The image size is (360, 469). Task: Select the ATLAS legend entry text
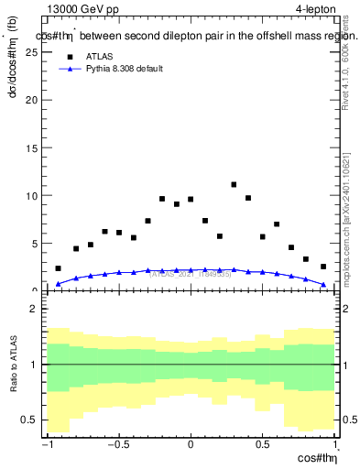[100, 56]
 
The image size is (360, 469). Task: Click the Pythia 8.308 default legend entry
[125, 69]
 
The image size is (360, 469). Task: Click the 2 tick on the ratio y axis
[38, 309]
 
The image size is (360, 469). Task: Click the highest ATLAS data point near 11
[234, 185]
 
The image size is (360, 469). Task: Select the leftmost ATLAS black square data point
[58, 268]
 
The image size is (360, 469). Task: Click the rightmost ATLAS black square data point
[323, 267]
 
